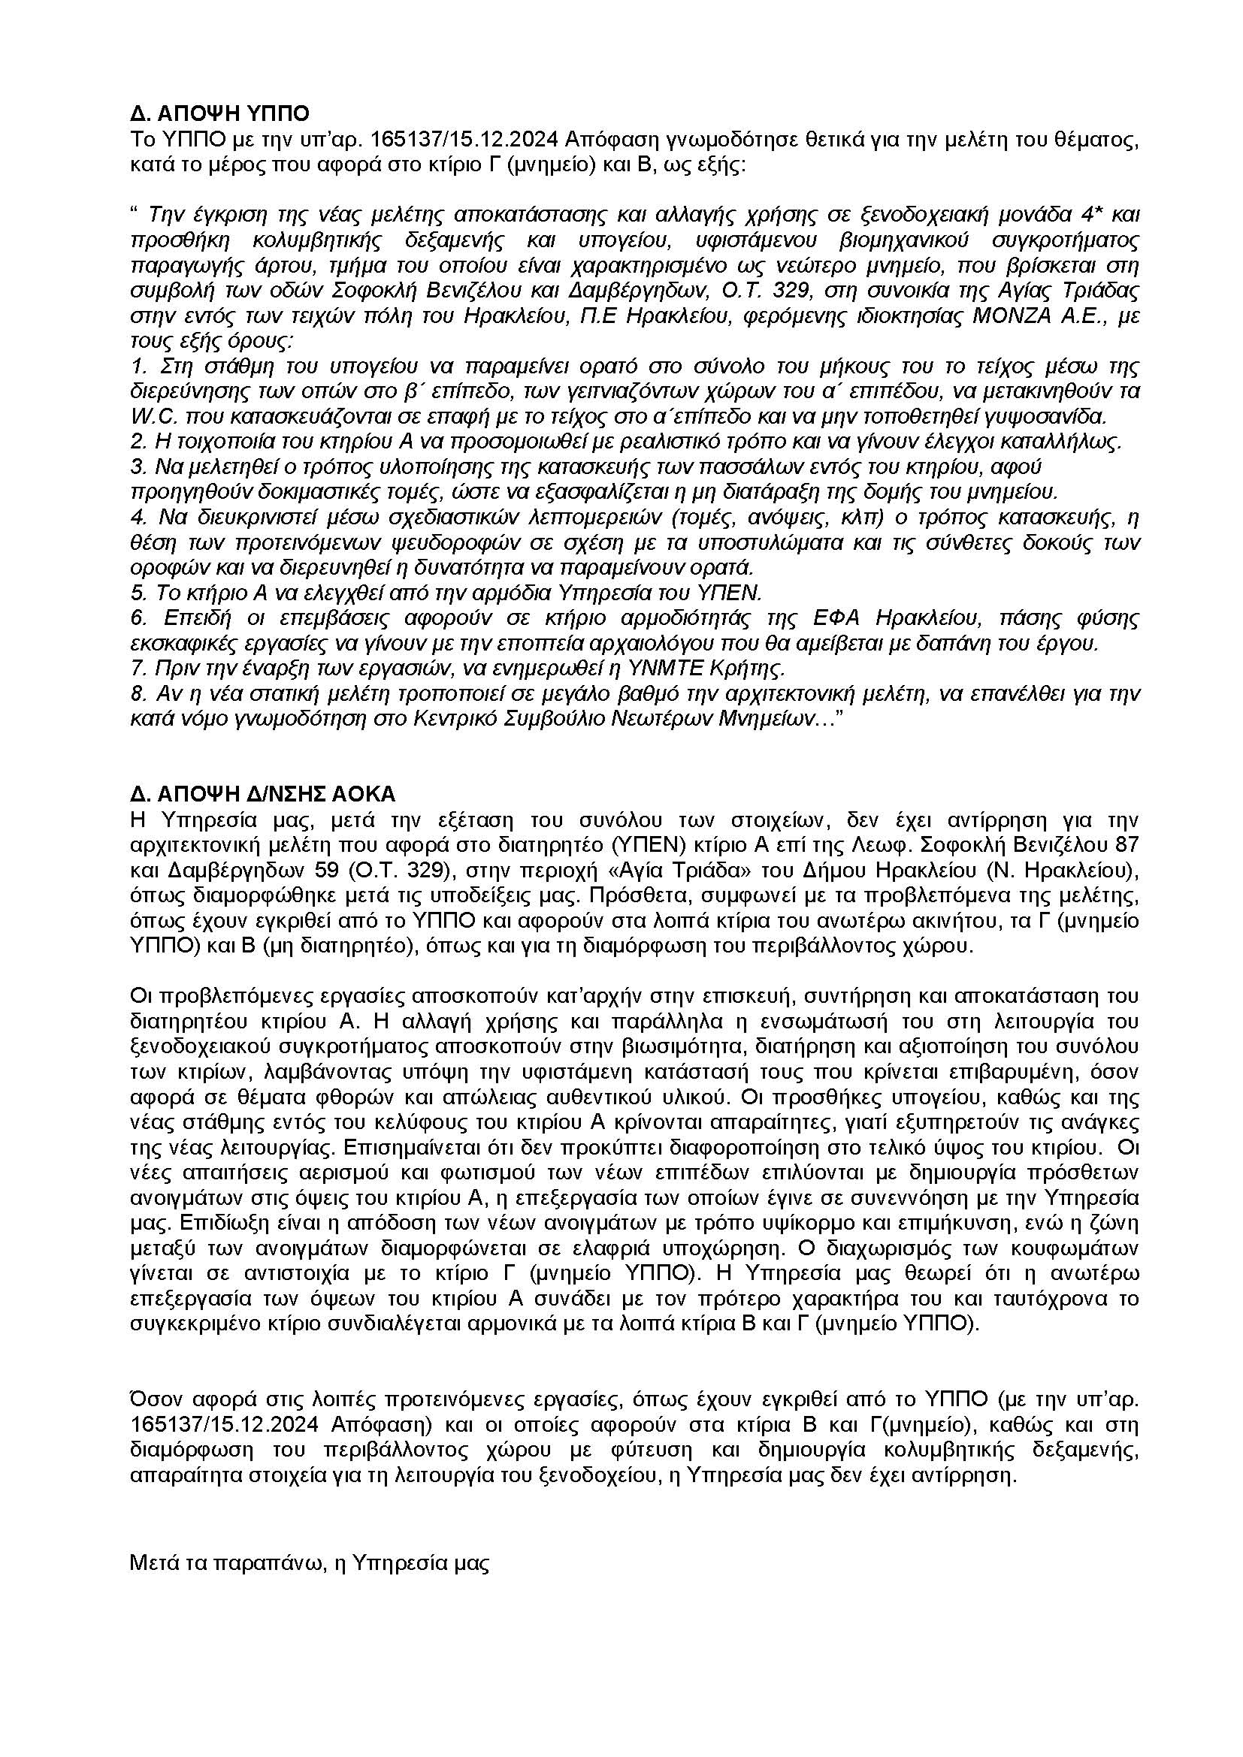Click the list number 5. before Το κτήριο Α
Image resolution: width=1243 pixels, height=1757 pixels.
(x=138, y=593)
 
